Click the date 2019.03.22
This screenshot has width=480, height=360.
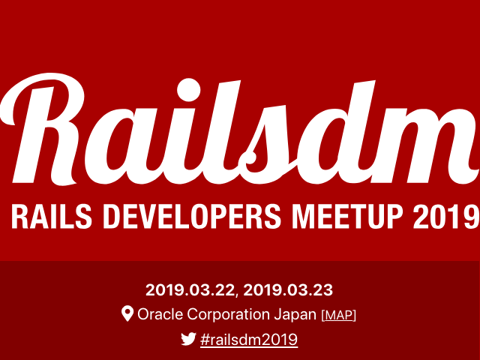(x=190, y=289)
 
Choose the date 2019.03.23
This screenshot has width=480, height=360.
(x=288, y=289)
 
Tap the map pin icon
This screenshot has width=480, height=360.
(x=127, y=314)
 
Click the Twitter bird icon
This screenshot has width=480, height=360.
(x=188, y=339)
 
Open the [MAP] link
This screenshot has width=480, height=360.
(x=338, y=315)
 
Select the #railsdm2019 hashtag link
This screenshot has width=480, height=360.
(x=249, y=340)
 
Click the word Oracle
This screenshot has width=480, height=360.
(x=160, y=315)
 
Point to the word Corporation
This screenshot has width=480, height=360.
(x=232, y=315)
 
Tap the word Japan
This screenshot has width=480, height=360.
(x=298, y=315)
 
